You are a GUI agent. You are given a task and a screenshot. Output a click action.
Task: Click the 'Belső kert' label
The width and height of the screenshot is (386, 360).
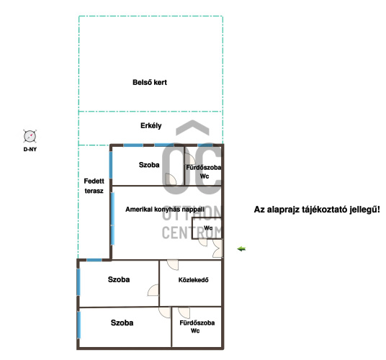coord(150,82)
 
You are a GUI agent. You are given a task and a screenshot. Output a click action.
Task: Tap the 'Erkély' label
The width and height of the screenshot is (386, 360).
coord(151,126)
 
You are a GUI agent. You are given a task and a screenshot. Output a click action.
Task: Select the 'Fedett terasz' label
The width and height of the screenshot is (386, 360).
coord(94,186)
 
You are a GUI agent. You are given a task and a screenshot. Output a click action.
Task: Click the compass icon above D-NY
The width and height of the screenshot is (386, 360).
coord(30,136)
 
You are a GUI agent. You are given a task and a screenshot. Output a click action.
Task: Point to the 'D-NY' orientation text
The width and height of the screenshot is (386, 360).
coord(30,149)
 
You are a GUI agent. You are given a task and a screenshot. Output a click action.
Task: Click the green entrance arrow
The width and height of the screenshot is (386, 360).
coord(241,249)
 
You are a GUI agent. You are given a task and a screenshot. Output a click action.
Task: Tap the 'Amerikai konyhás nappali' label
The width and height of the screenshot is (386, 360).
coord(165,210)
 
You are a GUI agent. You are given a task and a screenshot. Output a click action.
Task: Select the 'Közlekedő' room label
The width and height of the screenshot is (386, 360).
coord(193,280)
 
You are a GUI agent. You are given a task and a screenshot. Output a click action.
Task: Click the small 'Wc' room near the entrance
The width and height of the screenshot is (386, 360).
coord(207,228)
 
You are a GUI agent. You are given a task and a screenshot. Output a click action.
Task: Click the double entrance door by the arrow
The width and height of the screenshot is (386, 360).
coord(217,248)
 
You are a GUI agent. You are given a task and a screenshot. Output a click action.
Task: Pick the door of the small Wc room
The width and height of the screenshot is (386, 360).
coord(203,243)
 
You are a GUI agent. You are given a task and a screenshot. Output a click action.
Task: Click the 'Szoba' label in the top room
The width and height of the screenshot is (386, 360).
coord(149,165)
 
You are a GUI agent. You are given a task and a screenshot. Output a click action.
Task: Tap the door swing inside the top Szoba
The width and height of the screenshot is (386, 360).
coord(171,179)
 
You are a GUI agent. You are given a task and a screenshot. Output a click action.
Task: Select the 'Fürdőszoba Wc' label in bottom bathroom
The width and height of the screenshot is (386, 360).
coord(197,327)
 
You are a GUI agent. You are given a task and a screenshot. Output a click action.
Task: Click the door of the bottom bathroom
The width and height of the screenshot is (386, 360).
coord(184,312)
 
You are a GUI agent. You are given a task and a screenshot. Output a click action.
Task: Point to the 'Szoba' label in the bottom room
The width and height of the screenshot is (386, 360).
coord(122,323)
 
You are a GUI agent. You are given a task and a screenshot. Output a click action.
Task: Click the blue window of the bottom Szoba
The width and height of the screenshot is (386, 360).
coord(78,325)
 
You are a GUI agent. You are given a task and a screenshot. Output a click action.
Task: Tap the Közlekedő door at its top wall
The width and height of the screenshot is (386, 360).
coord(173,265)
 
